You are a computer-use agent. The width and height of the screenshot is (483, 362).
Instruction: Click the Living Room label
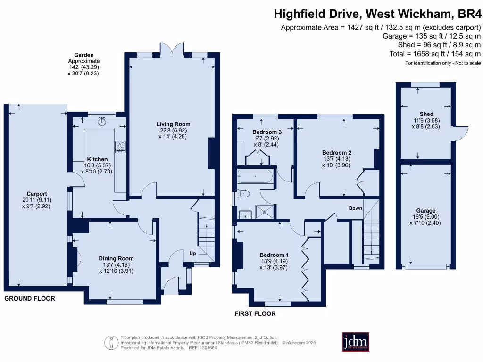pos(174,124)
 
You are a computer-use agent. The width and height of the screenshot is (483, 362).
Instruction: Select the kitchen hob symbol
pos(119,147)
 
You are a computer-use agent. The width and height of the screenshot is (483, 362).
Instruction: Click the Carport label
pos(37,194)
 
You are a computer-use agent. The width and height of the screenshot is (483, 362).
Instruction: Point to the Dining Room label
pos(116,258)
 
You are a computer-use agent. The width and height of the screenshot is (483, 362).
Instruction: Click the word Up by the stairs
pos(192,253)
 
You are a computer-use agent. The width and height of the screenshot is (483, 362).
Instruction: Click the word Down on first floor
pos(355,208)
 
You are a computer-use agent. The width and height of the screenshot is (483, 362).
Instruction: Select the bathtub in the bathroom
pos(255,177)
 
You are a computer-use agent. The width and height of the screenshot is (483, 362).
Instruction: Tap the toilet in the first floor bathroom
pos(244,193)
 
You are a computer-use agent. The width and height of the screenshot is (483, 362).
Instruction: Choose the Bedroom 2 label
pos(336,153)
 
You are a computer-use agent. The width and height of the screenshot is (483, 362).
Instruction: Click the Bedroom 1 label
pos(275,255)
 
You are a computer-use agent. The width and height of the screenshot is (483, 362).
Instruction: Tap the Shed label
pos(426,115)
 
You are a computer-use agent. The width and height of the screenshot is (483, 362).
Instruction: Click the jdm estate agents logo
pos(355,342)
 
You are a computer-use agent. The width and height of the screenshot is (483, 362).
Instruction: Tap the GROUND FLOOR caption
pos(30,298)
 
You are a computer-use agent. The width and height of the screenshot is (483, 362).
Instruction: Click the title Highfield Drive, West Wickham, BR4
pos(377,14)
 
